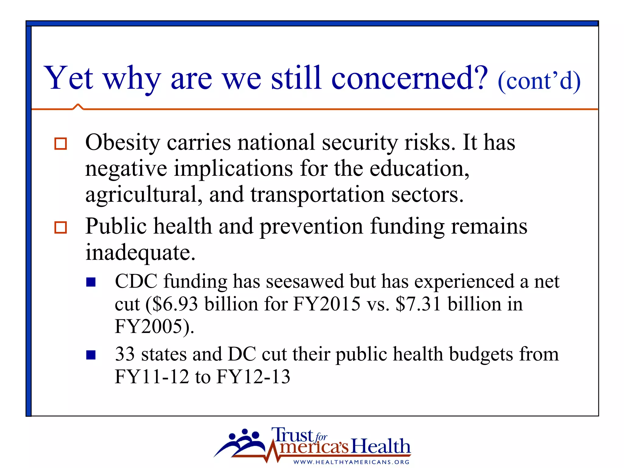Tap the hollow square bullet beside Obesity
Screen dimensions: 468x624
click(61, 144)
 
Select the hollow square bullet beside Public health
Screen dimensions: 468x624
click(61, 228)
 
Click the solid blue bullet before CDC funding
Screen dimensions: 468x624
click(91, 282)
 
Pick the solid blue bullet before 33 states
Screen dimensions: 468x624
click(91, 355)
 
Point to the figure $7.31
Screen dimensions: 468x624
click(418, 304)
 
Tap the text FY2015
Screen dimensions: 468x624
click(327, 304)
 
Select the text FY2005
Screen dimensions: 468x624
click(151, 327)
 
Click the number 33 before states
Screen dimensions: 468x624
click(125, 354)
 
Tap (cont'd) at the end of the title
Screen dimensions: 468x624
click(539, 81)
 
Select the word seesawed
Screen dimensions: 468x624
click(305, 281)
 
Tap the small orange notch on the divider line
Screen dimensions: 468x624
click(78, 107)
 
